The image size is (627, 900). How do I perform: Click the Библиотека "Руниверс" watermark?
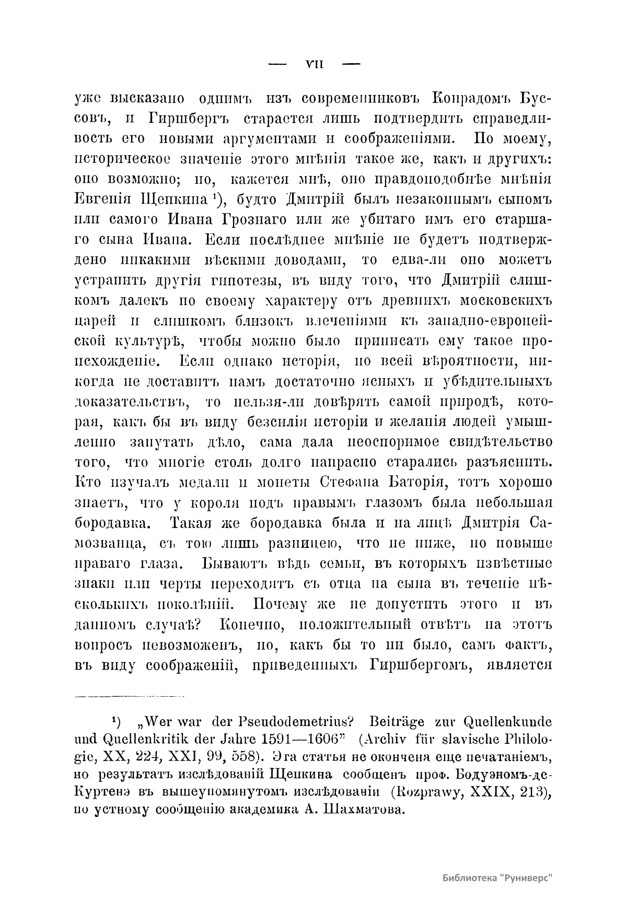(x=497, y=877)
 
